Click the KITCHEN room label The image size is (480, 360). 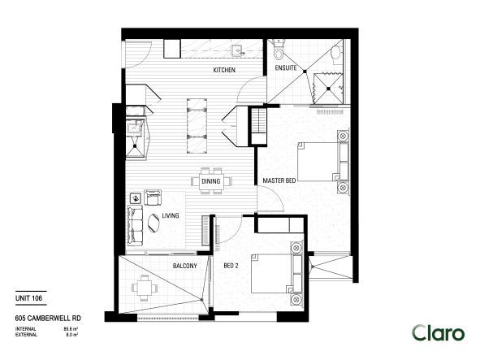[x=224, y=72]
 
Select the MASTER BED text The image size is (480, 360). [x=279, y=180]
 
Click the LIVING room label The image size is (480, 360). [x=170, y=215]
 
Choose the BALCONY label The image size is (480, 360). [x=184, y=266]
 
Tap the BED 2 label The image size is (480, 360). [x=232, y=266]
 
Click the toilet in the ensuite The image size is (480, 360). [x=279, y=54]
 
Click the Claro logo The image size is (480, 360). [x=438, y=332]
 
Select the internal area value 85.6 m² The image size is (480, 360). [x=69, y=327]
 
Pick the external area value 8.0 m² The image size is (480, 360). [x=69, y=333]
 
